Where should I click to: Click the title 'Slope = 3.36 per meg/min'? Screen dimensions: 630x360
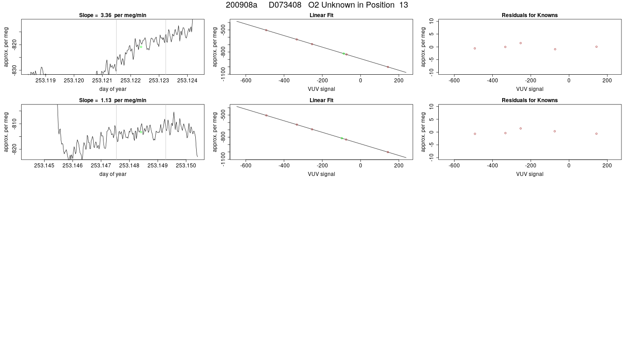tap(112, 15)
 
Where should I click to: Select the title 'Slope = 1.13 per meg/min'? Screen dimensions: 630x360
tap(112, 100)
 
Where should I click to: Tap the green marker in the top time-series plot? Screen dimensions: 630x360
tap(141, 47)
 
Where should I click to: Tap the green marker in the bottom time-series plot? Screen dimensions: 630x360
tap(141, 132)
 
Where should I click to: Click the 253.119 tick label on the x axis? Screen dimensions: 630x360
tap(45, 81)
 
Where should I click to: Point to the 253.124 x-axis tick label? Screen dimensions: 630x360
tap(187, 81)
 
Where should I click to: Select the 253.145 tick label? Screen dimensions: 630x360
tap(44, 166)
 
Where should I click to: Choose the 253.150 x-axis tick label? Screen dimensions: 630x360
tap(186, 166)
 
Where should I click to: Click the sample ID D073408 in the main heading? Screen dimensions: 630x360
tap(285, 5)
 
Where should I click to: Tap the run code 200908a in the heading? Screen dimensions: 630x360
tap(242, 5)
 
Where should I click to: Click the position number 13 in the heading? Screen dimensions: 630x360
tap(404, 5)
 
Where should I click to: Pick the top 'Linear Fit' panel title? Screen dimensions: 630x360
tap(321, 15)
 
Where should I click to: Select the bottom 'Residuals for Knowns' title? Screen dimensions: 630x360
tap(530, 100)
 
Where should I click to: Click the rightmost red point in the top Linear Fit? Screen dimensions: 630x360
tap(388, 67)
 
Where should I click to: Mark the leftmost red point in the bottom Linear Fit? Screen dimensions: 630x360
tap(266, 115)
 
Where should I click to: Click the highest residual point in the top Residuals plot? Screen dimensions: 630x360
tap(521, 43)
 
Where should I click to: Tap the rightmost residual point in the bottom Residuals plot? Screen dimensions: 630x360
tap(596, 134)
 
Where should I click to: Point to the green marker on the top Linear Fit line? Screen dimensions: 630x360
tap(344, 54)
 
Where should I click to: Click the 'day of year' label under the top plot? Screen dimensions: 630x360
tap(113, 89)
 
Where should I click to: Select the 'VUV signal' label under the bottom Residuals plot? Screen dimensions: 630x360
tap(530, 174)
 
